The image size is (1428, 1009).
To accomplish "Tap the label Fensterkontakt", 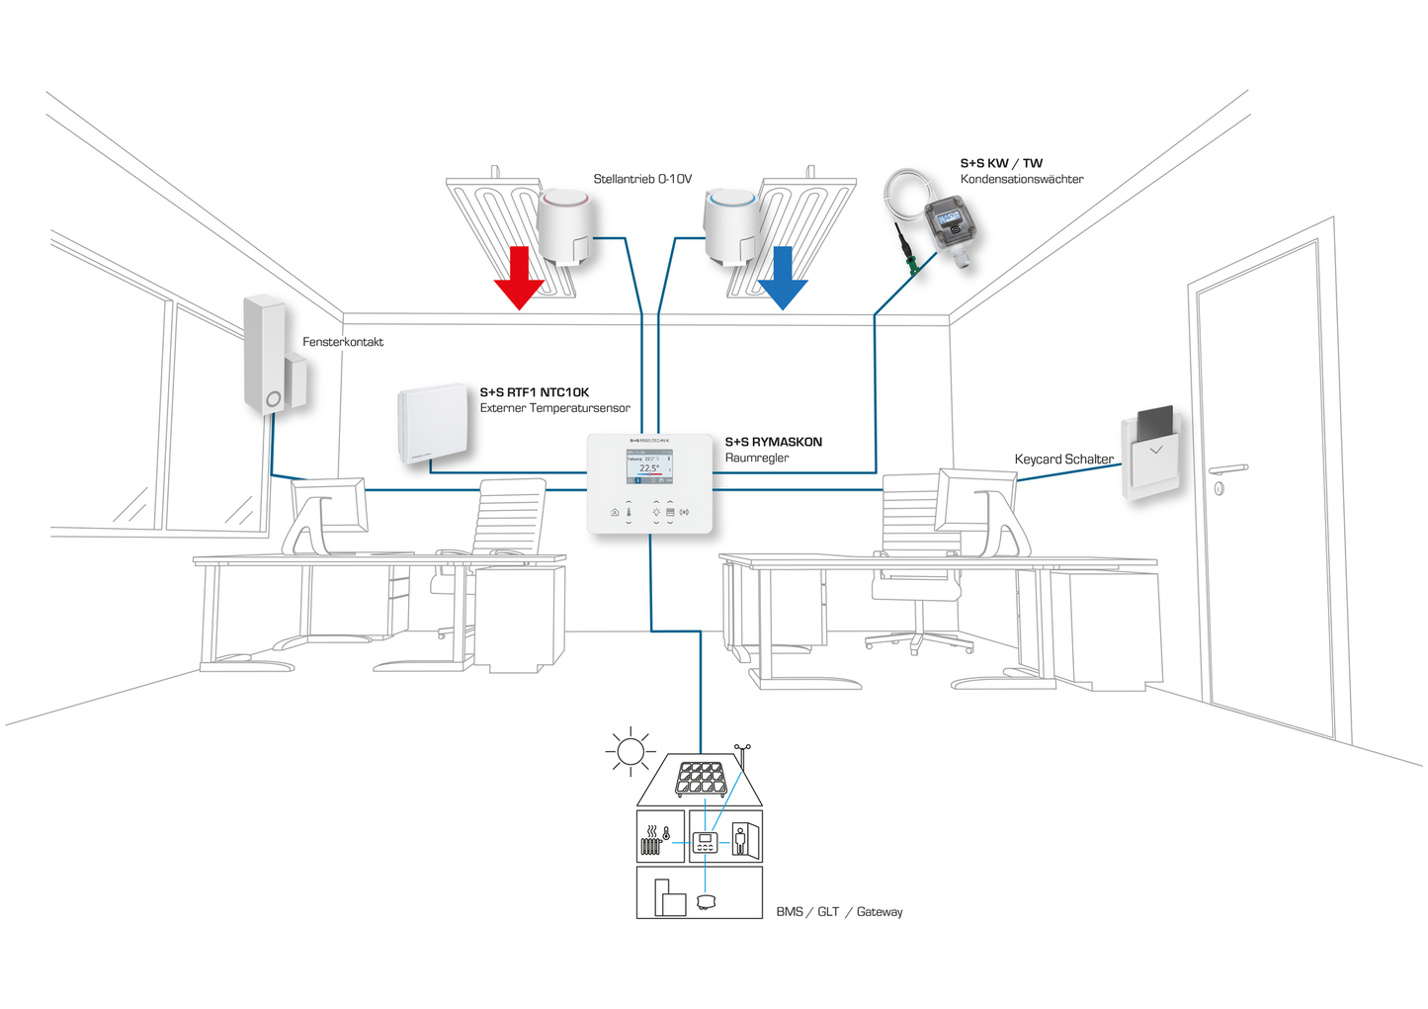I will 343,342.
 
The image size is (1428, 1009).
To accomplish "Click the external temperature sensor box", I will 433,424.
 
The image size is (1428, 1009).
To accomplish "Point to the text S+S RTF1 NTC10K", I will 535,392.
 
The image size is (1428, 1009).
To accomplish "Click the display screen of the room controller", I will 649,466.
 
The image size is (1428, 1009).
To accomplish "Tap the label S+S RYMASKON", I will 774,442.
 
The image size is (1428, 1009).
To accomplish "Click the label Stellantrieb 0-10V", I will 642,179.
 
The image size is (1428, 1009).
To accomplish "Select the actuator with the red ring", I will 567,227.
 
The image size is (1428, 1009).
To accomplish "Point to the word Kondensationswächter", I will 1022,179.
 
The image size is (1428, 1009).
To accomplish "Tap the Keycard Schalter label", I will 1063,459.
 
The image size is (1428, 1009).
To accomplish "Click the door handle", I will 1227,470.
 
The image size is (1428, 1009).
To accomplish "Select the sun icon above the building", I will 630,752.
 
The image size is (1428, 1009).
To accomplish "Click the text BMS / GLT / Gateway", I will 839,911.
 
